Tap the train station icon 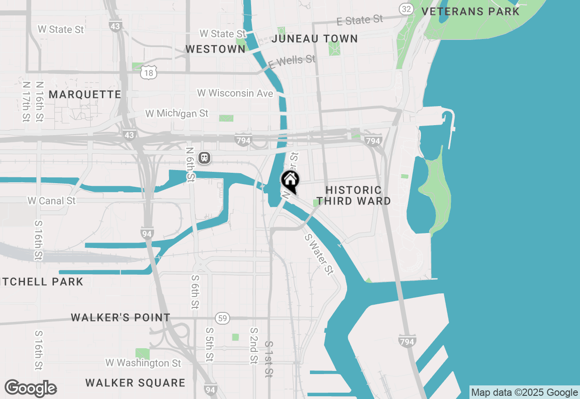click(204, 157)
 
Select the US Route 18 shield click(148, 72)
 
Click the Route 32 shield click(406, 9)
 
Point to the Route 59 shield click(222, 318)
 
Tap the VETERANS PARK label click(470, 11)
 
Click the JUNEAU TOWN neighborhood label click(314, 39)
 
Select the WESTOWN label click(216, 49)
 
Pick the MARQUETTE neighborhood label click(85, 94)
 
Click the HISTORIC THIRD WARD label click(353, 195)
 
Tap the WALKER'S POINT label click(121, 317)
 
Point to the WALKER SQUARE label click(135, 383)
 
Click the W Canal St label click(52, 200)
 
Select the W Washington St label click(143, 363)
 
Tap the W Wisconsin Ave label click(235, 93)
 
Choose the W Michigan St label click(177, 113)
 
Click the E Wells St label click(292, 62)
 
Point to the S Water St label click(319, 254)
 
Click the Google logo click(30, 388)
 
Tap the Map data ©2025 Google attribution click(524, 393)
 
